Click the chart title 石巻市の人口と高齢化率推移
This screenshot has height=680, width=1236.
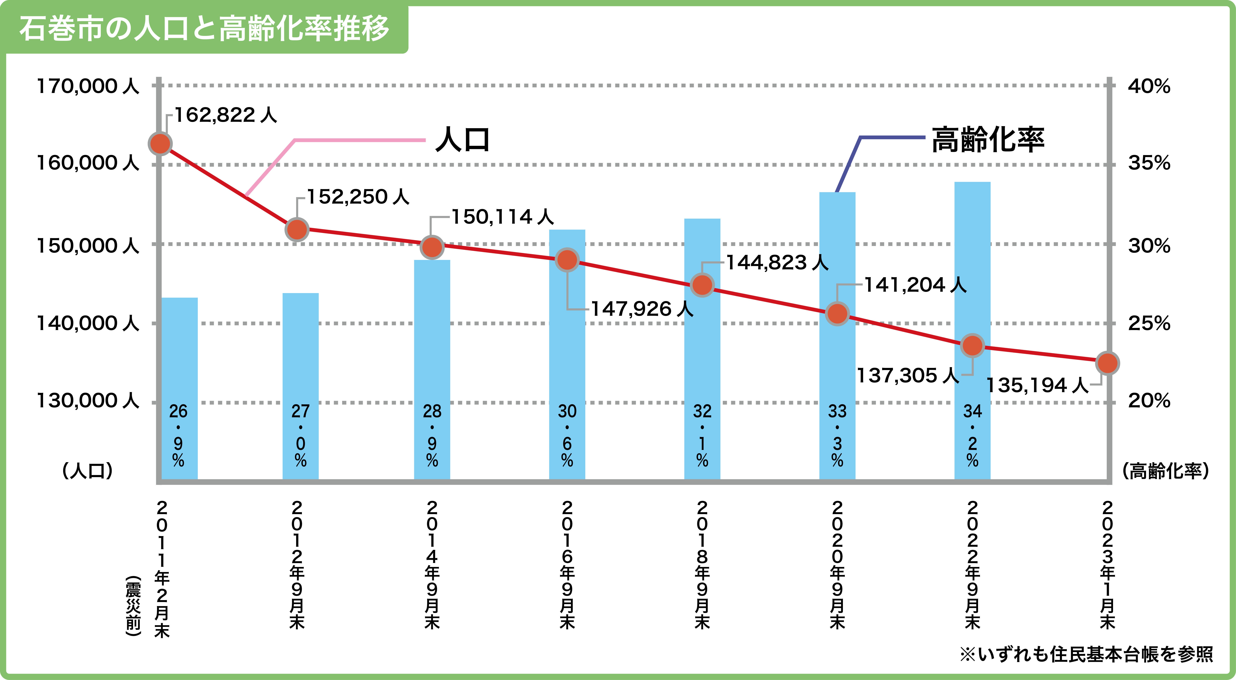coord(204,28)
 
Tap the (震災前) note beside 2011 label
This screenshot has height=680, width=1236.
coord(133,606)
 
